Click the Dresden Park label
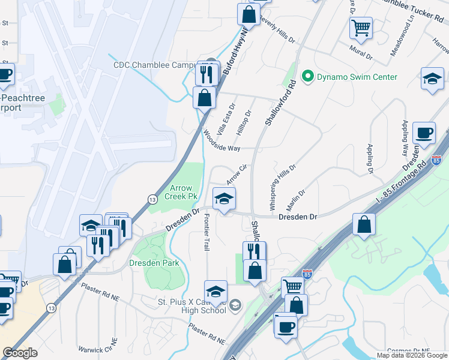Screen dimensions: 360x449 pos(154,263)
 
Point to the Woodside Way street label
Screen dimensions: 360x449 pos(221,140)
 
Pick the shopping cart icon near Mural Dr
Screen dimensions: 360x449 pos(361,26)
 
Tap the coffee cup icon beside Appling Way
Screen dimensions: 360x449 pos(424,133)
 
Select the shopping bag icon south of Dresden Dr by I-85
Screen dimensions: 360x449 pos(364,225)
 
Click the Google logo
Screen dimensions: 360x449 pos(20,353)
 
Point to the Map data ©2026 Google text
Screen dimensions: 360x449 pos(412,355)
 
